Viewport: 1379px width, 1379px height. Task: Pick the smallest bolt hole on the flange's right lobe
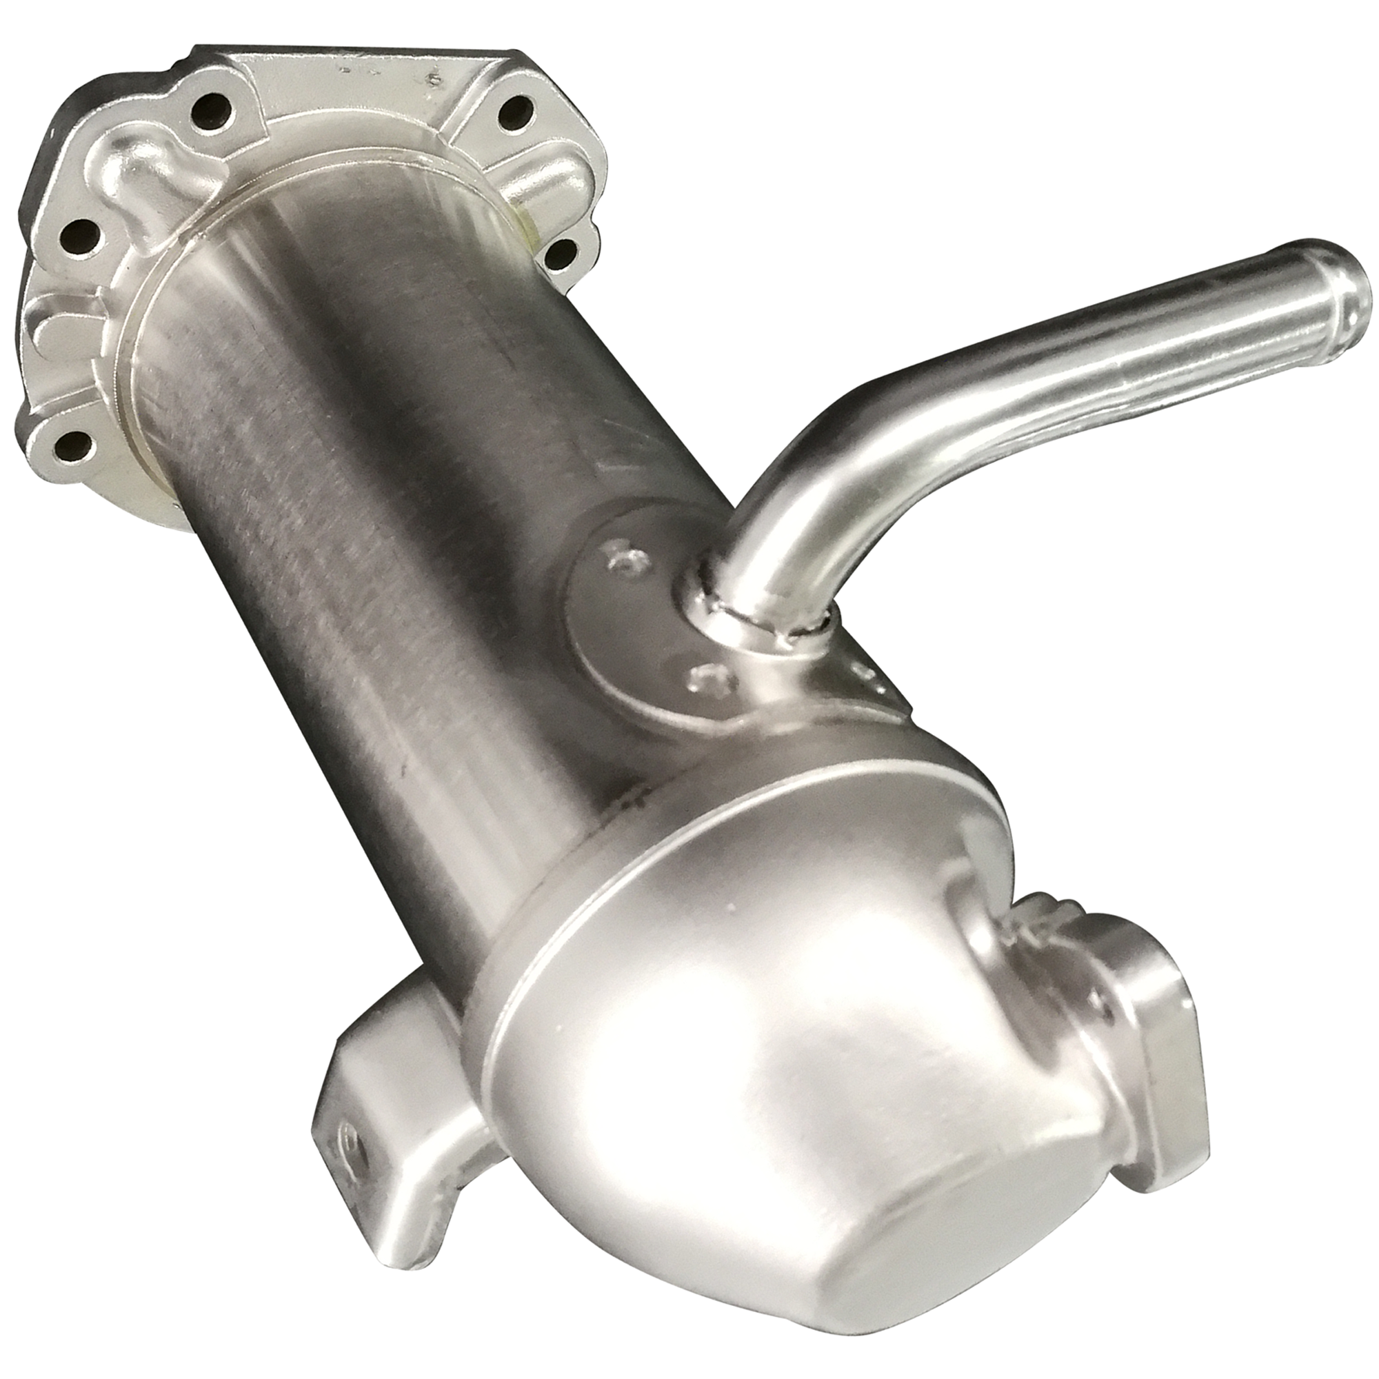click(x=563, y=253)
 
